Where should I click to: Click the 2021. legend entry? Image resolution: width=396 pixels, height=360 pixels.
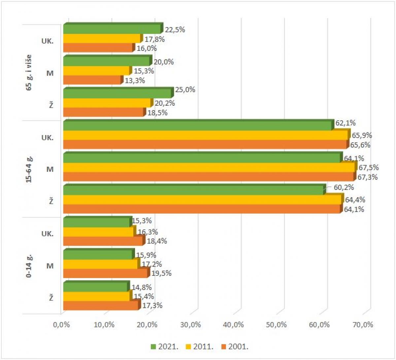165,346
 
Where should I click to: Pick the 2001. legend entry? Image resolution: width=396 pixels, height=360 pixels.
235,346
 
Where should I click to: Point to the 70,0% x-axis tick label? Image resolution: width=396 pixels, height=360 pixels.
363,325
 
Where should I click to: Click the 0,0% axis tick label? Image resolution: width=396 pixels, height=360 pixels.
61,325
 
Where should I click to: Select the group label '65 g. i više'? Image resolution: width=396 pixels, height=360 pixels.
29,73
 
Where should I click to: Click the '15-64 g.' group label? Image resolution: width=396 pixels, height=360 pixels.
29,169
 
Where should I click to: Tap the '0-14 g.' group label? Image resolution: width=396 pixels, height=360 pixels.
29,266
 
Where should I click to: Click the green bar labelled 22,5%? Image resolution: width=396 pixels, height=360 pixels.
112,29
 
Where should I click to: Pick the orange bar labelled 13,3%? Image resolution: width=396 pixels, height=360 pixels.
92,80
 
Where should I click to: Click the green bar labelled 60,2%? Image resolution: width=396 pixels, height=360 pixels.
193,190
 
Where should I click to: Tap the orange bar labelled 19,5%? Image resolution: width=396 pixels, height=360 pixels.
105,273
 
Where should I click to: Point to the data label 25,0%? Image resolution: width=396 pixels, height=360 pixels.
185,90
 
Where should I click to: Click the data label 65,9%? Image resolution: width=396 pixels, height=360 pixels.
362,135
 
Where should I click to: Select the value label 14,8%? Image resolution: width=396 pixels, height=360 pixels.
142,288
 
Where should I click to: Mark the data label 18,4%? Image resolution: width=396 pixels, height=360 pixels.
157,241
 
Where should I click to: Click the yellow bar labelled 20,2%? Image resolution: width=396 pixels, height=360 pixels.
107,103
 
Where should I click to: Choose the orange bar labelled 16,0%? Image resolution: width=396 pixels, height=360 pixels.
98,48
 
